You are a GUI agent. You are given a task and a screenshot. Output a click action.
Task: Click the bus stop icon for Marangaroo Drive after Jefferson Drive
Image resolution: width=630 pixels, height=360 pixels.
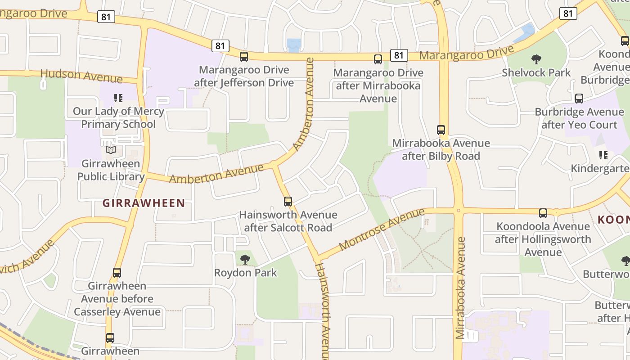tap(244, 57)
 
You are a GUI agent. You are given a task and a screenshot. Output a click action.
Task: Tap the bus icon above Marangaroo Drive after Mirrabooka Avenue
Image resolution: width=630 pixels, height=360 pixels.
tap(378, 59)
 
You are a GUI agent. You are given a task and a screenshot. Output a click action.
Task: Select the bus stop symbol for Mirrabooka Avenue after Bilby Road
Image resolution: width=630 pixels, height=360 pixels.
tap(441, 130)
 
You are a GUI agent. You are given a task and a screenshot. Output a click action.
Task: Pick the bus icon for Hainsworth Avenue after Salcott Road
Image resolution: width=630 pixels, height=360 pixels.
tap(288, 202)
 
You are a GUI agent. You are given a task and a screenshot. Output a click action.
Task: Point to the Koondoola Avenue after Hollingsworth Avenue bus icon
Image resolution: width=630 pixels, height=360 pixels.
tap(543, 213)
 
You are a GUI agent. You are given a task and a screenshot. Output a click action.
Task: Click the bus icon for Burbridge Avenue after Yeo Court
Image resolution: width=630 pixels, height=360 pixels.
tap(579, 99)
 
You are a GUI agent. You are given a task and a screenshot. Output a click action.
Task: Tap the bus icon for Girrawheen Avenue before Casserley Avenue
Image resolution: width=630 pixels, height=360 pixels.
tap(117, 273)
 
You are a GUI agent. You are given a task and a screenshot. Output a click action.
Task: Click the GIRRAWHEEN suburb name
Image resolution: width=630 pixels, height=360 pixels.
tap(144, 203)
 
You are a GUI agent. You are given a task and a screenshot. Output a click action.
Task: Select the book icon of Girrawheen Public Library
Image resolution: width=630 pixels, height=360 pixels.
tap(111, 150)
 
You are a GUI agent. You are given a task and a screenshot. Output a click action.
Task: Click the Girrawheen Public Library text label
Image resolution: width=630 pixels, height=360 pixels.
tap(111, 170)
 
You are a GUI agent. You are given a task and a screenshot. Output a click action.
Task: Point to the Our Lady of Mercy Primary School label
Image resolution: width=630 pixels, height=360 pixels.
tap(118, 118)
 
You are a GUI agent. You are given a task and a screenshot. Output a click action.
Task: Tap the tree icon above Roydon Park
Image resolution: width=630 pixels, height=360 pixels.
tap(245, 259)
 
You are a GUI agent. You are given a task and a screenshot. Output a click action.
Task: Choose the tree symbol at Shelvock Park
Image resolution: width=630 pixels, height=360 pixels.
tap(536, 59)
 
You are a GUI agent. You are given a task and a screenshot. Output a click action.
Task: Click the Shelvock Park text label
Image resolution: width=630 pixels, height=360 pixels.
tap(536, 72)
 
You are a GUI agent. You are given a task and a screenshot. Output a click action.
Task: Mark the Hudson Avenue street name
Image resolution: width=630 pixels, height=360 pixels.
tap(81, 76)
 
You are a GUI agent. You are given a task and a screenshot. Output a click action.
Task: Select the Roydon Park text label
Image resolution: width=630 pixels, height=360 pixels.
tap(245, 273)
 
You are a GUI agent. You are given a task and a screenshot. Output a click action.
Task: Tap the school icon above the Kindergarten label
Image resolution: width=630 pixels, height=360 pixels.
tap(603, 155)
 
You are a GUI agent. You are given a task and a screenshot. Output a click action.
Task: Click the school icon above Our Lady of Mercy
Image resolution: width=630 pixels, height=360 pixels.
tap(118, 98)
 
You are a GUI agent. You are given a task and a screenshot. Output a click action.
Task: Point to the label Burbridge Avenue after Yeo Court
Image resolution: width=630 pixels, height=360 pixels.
tap(579, 118)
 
